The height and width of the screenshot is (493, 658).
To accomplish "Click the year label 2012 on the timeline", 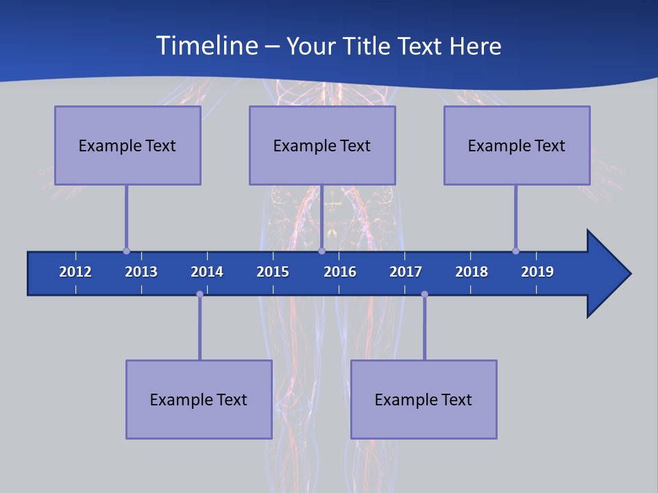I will pos(75,272).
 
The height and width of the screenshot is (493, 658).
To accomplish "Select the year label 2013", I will pos(141,272).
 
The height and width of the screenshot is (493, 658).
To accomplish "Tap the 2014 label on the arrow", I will pos(207,272).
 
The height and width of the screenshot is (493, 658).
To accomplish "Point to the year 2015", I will pos(273,272).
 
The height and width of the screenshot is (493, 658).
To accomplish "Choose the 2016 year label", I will pos(340,272).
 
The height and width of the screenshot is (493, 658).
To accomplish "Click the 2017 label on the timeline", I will pos(406,272).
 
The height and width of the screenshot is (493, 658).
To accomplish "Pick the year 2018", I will pos(472,272).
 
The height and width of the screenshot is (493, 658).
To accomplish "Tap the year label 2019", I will pos(537,272).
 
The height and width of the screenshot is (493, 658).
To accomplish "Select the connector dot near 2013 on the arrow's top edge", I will pos(126,251).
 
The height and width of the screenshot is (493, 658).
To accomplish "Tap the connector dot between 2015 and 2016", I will pos(321,251).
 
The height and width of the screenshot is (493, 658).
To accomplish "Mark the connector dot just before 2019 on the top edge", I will pos(515,251).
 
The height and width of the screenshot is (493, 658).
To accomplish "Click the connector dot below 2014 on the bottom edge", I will pos(199,294).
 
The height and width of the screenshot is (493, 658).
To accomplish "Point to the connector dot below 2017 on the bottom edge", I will pos(424,294).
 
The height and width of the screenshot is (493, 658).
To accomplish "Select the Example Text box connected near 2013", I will pos(127,145).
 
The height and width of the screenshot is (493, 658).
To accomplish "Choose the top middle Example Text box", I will pos(322,145).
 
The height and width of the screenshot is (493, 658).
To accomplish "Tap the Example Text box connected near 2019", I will pos(517,145).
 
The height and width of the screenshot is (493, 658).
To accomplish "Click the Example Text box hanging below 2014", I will pos(199,399).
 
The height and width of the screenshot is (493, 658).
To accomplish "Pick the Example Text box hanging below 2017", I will pos(424,399).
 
